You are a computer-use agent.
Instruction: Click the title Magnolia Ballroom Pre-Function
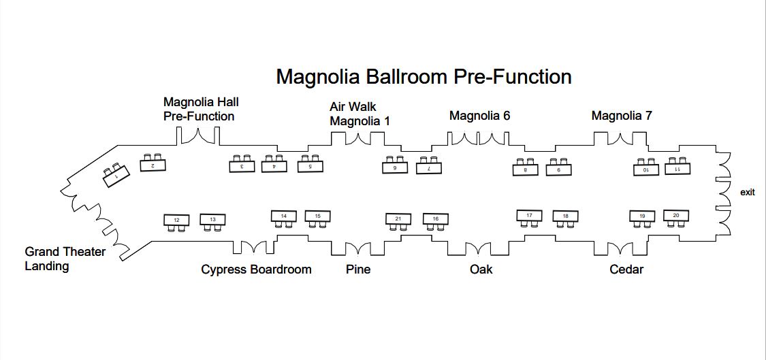[x=423, y=76]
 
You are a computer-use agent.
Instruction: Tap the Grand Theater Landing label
[x=65, y=259]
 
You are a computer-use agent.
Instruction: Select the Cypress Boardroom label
[x=256, y=269]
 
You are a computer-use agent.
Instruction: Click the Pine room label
[x=358, y=269]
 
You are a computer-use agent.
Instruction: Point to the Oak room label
[x=481, y=269]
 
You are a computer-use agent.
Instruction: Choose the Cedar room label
[x=626, y=269]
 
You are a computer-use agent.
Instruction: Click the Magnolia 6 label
[x=479, y=116]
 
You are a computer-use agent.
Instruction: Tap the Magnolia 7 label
[x=621, y=116]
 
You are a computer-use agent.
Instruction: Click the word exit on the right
[x=747, y=193]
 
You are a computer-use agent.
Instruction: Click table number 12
[x=177, y=220]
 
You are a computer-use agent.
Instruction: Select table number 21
[x=398, y=218]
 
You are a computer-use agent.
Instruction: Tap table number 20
[x=675, y=215]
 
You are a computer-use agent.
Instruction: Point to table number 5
[x=310, y=165]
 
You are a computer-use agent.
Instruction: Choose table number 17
[x=529, y=216]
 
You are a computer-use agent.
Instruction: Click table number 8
[x=525, y=169]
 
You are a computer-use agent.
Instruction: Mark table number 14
[x=284, y=216]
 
